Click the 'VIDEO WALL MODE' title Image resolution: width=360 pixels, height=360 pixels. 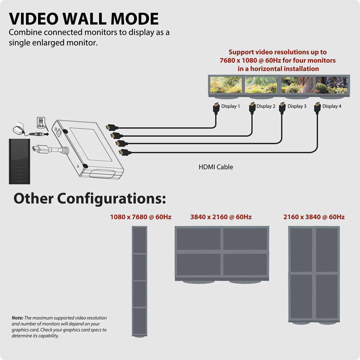pos(84,19)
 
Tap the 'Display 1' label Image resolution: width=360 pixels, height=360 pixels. pos(230,106)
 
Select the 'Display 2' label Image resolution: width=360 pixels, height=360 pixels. pos(266,106)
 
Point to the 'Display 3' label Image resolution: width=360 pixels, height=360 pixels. pos(297,106)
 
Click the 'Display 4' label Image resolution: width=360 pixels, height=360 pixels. pos(332,106)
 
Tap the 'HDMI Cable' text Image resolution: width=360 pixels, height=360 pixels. pos(216,167)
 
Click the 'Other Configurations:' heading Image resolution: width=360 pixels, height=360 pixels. pos(90,199)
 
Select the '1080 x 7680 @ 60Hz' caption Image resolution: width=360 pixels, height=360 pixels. pos(141,217)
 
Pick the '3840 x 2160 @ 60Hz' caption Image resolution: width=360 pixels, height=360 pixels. pos(221,217)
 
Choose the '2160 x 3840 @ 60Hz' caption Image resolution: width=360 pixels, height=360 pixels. pos(314,217)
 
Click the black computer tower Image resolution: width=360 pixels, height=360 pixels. pos(20,161)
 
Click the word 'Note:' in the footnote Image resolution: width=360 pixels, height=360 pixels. pos(17,318)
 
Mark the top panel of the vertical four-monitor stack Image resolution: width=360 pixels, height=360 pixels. pos(139,240)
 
